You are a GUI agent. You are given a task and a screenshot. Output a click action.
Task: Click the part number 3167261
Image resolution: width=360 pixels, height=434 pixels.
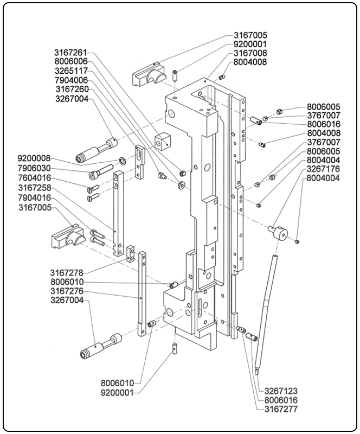(70, 53)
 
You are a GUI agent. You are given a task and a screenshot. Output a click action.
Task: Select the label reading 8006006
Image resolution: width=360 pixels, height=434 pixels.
(70, 62)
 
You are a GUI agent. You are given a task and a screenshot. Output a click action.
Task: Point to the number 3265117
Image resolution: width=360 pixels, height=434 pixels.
(70, 71)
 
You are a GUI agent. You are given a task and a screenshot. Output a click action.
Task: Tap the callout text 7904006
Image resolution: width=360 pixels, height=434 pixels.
(70, 80)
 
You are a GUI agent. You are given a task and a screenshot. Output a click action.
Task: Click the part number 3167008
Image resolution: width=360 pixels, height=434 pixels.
(250, 54)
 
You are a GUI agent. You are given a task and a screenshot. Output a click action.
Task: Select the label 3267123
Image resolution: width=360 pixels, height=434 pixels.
(281, 391)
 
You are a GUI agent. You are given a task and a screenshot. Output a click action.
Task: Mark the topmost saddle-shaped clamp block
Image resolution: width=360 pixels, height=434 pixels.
(147, 73)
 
